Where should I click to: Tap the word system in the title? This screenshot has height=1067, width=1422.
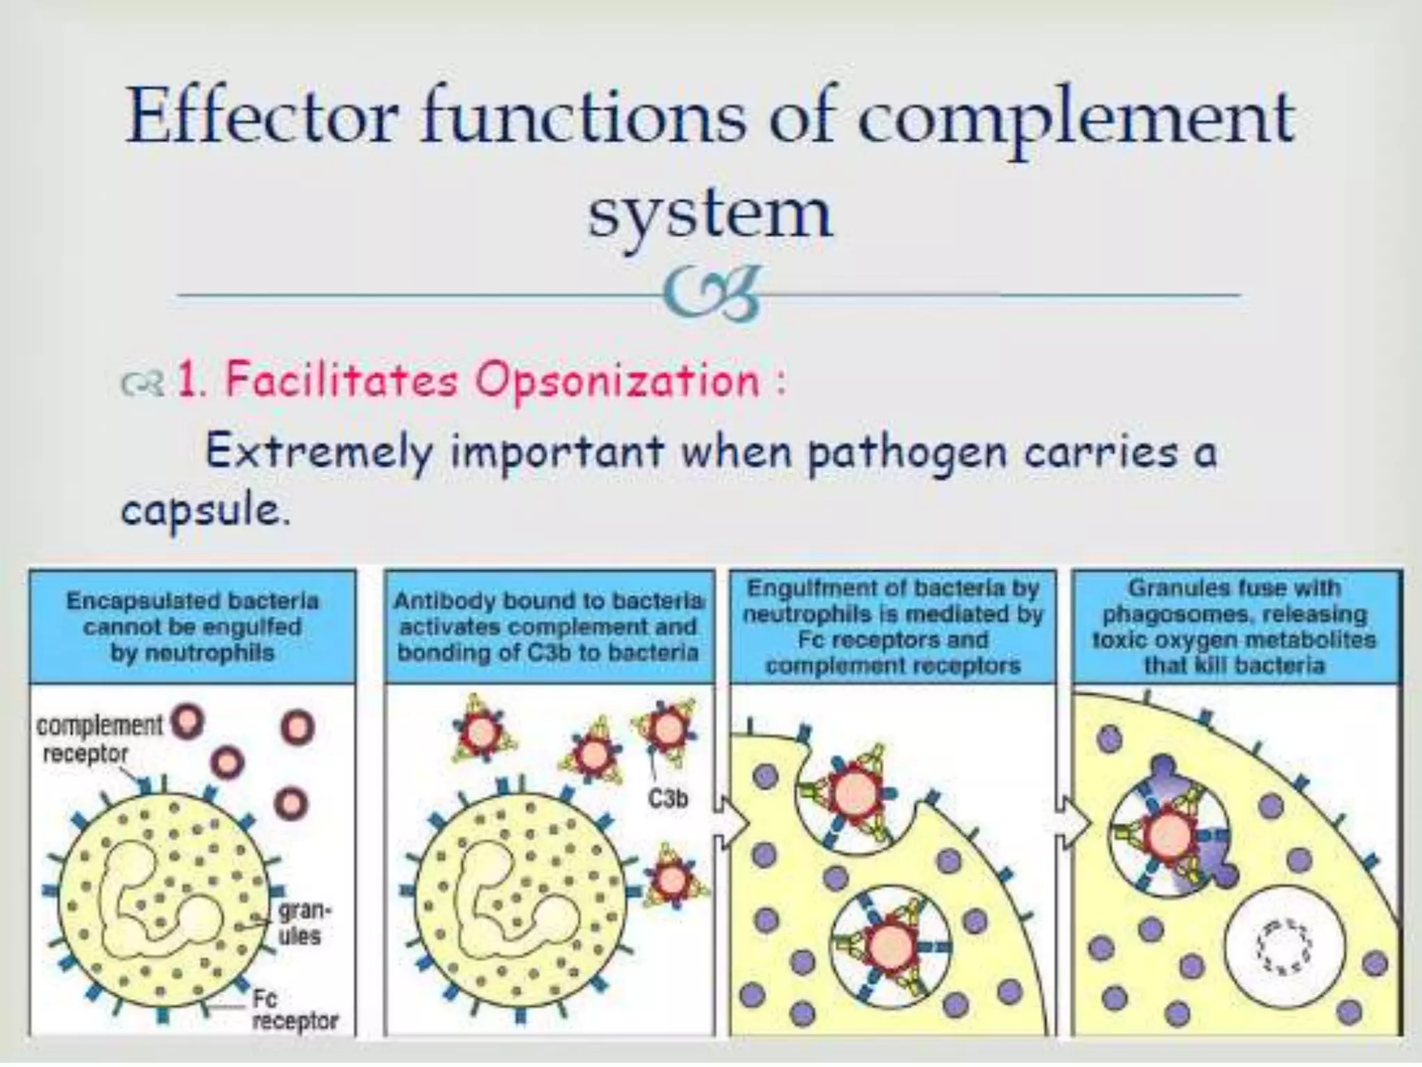pos(710,212)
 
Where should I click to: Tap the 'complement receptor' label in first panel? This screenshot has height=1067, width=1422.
pos(97,739)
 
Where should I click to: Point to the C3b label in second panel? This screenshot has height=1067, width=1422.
pos(668,800)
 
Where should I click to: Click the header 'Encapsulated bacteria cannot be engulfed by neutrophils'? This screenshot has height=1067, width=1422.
pos(192,627)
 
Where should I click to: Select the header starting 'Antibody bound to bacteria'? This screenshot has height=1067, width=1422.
pos(549,627)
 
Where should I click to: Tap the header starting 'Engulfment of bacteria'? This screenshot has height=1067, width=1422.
pos(893,627)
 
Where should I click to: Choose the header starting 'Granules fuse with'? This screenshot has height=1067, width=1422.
pos(1234,627)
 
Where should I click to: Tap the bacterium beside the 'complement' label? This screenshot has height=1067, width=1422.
pos(187,722)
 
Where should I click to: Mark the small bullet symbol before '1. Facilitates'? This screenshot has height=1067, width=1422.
pos(141,383)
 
